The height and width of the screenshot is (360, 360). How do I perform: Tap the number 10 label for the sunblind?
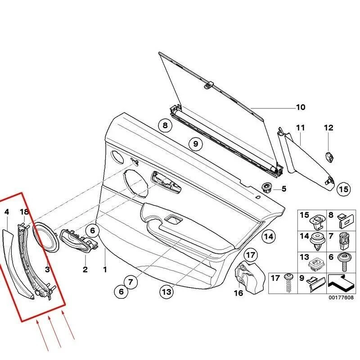tap(300, 107)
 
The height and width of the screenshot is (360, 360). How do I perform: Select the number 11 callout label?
tap(300, 128)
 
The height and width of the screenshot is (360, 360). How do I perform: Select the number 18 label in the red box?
tap(24, 211)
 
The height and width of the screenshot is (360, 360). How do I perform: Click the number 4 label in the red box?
tap(6, 211)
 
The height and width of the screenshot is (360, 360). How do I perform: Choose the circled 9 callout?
tap(195, 144)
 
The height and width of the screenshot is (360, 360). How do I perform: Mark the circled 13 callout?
tap(166, 292)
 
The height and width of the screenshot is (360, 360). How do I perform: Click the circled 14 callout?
tap(268, 236)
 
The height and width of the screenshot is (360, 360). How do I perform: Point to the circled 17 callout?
tap(251, 255)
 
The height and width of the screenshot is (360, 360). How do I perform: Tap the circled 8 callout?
tap(165, 126)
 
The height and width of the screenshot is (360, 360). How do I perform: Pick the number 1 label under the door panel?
tap(105, 270)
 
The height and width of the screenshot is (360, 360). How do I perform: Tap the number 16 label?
tap(238, 293)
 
